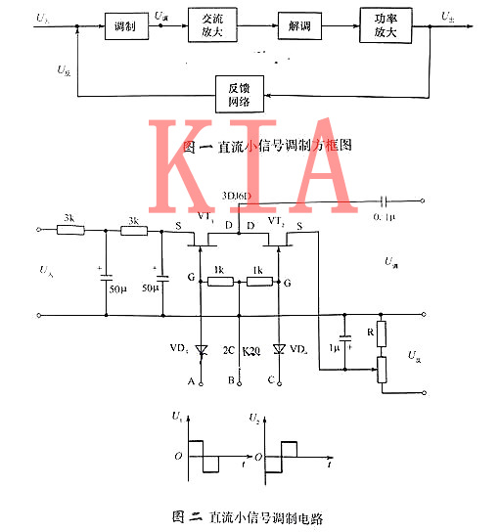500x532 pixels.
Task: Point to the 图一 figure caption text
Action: (266, 145)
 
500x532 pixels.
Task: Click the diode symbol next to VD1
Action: (203, 349)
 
